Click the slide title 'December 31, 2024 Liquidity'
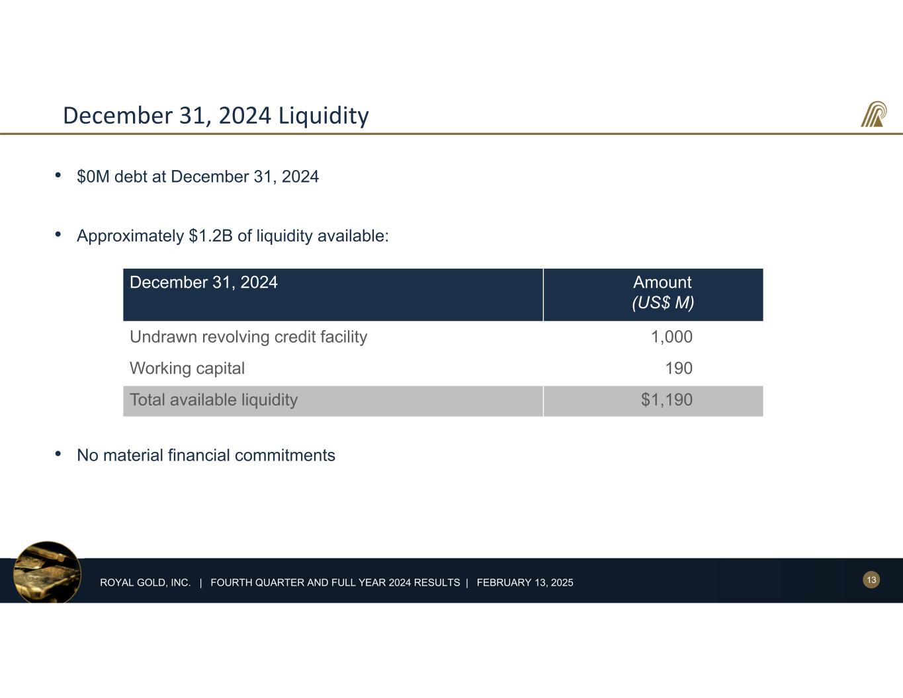pos(216,116)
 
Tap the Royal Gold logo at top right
pos(873,114)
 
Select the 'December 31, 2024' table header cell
pos(204,283)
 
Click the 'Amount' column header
pos(662,283)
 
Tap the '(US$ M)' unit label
pos(663,303)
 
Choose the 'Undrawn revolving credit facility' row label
pos(248,337)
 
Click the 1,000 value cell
pos(671,337)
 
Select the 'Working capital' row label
pos(187,369)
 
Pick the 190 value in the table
pos(678,369)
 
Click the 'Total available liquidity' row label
pos(214,400)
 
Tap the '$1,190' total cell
pos(666,400)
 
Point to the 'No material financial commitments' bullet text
pos(206,455)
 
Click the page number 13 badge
pos(871,580)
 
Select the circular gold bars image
pos(47,573)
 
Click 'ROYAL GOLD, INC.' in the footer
pos(146,583)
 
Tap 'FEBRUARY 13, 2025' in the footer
pos(525,583)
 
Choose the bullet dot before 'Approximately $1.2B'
pos(58,234)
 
